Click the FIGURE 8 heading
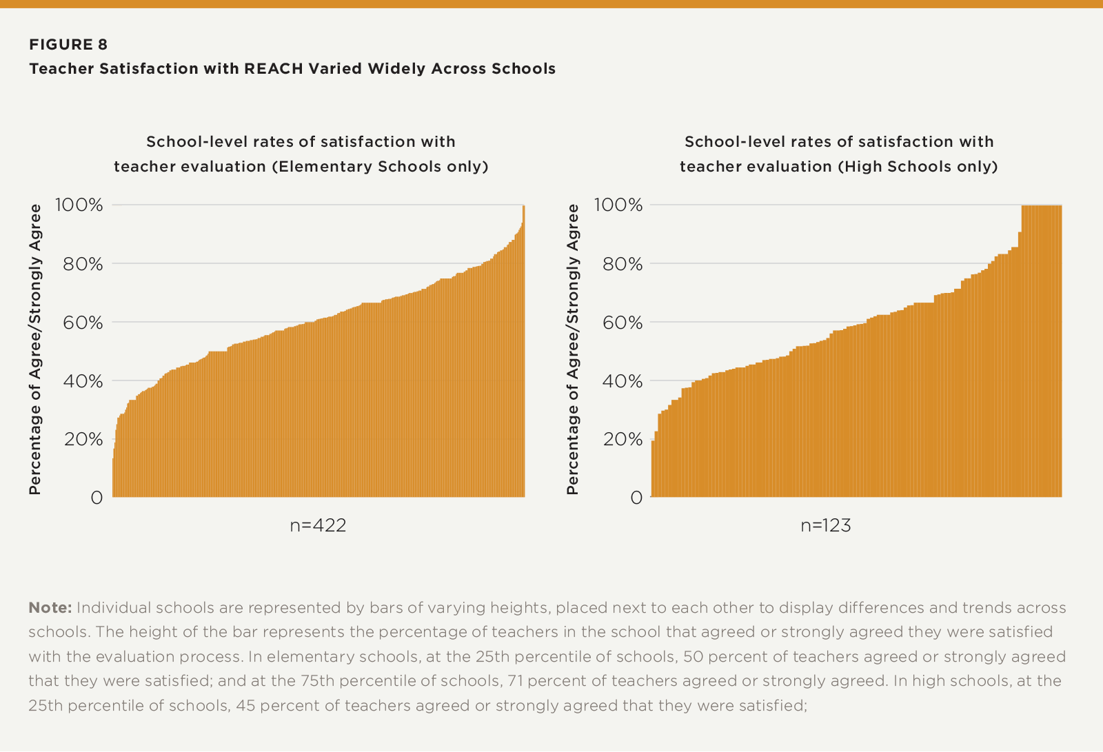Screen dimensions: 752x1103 tap(68, 45)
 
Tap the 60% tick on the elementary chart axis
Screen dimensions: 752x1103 tap(83, 323)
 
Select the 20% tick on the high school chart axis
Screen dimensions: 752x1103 tap(623, 440)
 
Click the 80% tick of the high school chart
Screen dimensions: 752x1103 tap(623, 264)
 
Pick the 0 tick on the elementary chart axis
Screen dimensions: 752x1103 tap(97, 498)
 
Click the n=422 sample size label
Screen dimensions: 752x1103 tap(318, 526)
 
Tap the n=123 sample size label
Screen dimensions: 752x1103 tap(826, 526)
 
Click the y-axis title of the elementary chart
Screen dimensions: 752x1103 tap(35, 349)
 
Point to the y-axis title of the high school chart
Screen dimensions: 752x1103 tap(573, 349)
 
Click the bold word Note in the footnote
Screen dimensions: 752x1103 tap(50, 608)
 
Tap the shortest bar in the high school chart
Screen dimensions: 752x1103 tap(653, 469)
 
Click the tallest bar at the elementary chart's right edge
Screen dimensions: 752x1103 tap(524, 352)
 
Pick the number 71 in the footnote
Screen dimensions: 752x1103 tap(516, 681)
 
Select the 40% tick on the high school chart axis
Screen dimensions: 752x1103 tap(623, 381)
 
